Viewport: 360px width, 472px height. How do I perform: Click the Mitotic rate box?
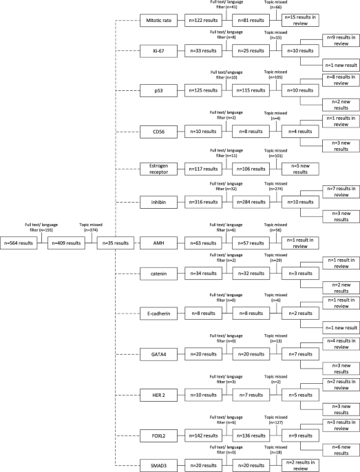click(158, 21)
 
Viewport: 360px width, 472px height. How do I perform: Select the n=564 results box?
click(19, 243)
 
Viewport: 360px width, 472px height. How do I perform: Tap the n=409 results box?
click(66, 243)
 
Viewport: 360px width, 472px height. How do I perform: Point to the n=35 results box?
click(116, 243)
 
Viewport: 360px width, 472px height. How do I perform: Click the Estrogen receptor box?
click(158, 169)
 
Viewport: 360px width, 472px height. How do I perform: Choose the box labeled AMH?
click(158, 243)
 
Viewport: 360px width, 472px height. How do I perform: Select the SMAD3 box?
click(158, 465)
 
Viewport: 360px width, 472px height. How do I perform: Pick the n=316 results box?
click(203, 202)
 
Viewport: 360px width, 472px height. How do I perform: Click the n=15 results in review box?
click(300, 20)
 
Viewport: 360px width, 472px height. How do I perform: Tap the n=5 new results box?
click(300, 169)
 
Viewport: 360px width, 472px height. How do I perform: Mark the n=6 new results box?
click(341, 450)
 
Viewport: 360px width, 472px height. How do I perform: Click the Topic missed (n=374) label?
click(91, 227)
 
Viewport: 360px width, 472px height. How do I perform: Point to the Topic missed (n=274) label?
click(276, 186)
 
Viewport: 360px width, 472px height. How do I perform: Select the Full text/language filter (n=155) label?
click(41, 227)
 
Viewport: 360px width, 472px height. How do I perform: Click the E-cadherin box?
click(158, 314)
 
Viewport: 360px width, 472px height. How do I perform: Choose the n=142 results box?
click(203, 435)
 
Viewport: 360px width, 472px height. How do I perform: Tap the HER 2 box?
click(158, 395)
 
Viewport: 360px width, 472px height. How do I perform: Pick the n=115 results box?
click(251, 90)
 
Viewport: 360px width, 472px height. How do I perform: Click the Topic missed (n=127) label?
click(276, 420)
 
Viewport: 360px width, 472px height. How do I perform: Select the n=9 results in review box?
click(341, 41)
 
